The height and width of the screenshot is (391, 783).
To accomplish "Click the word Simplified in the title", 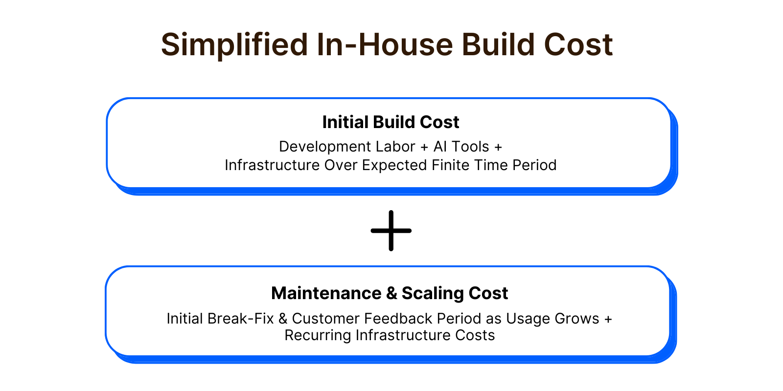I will click(x=234, y=45).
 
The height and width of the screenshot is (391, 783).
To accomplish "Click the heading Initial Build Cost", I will click(x=391, y=122).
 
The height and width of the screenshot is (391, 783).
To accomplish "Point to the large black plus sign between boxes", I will click(x=391, y=231).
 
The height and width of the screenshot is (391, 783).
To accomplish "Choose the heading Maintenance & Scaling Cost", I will click(x=390, y=293).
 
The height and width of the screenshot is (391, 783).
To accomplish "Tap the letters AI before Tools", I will click(x=440, y=147).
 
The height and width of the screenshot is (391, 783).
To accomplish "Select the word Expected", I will click(x=394, y=166).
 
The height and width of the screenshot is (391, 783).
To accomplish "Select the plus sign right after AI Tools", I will click(x=498, y=147).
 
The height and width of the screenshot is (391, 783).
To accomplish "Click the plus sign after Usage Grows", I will click(x=608, y=319).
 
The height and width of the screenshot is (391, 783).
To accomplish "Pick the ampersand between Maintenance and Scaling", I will click(x=391, y=293).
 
